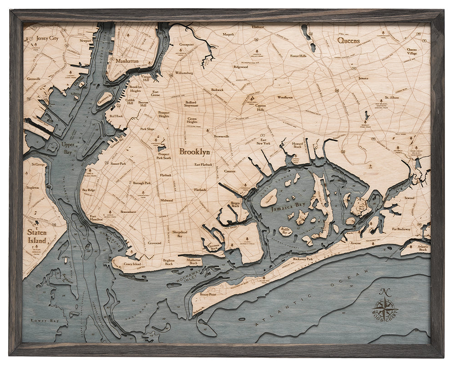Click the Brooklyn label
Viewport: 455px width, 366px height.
coord(194,152)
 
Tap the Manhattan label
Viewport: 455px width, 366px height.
coord(127,60)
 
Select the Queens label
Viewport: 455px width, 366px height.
coord(349,40)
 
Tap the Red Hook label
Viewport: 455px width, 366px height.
coord(116,116)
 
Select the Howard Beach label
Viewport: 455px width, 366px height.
coord(297,145)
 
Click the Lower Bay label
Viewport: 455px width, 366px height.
coord(39,321)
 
